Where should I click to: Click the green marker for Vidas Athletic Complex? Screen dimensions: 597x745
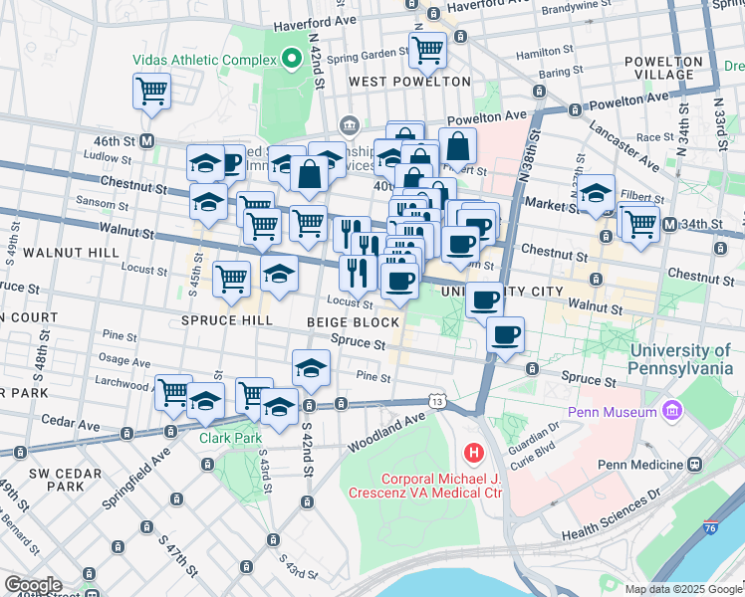point(292,60)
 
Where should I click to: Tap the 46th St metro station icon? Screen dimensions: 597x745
point(147,140)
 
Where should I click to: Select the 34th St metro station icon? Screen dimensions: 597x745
point(670,223)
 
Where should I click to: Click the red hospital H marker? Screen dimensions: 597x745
point(473,454)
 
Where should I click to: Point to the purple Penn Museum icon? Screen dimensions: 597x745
point(672,411)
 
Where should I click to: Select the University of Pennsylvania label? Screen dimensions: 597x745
point(680,359)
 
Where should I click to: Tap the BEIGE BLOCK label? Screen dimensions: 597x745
point(353,322)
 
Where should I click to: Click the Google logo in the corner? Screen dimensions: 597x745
point(33,585)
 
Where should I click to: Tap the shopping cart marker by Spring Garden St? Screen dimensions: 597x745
point(427,47)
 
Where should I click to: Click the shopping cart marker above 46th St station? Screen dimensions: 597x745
point(151,91)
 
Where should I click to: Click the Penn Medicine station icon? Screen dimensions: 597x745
point(694,465)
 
